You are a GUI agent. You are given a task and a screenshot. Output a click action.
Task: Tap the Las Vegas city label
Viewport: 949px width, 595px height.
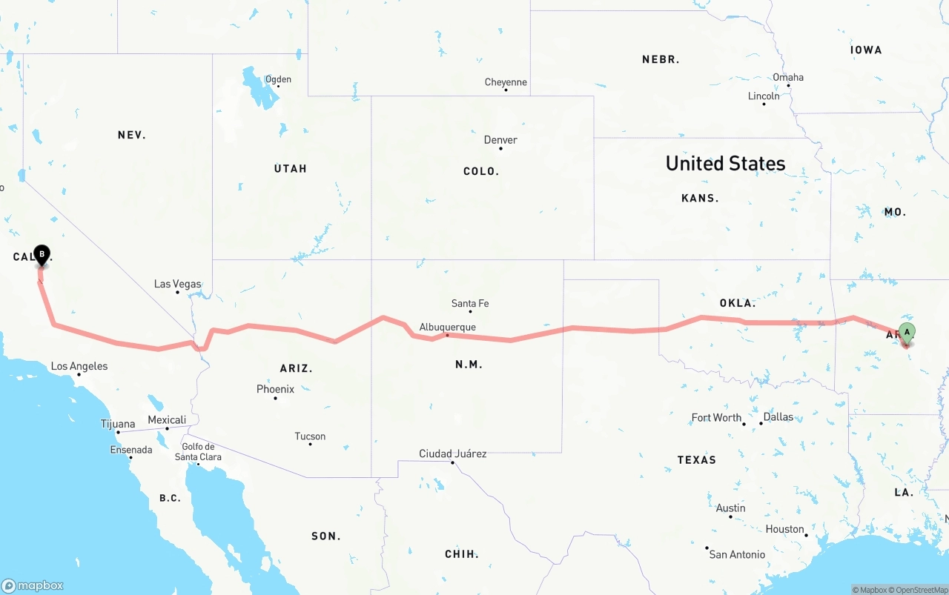point(177,284)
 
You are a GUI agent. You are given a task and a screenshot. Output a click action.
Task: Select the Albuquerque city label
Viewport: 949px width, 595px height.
point(447,327)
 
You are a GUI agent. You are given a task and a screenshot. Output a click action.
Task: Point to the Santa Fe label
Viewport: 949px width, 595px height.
point(470,303)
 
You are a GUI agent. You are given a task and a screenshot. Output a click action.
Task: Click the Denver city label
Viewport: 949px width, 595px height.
point(500,140)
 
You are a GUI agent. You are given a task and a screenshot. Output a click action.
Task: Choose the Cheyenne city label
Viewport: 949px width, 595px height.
point(506,82)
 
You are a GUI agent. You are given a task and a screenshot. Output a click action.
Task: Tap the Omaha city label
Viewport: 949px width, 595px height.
point(787,77)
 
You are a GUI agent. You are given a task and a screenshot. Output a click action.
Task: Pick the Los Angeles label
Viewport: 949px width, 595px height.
point(79,366)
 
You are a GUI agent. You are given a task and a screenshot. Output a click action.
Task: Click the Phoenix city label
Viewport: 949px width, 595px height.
point(275,389)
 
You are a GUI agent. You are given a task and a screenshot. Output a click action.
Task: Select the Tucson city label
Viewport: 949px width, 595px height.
point(310,436)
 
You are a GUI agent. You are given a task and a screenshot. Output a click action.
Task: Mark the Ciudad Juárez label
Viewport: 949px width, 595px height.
point(452,453)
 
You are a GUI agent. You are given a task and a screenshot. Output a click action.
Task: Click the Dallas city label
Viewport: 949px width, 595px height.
point(778,417)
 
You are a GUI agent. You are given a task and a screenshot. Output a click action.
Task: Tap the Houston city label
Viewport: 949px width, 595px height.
point(784,529)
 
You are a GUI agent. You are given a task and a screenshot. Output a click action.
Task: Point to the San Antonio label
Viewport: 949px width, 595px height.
point(737,554)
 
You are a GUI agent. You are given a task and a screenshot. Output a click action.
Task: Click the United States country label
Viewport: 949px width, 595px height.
point(725,163)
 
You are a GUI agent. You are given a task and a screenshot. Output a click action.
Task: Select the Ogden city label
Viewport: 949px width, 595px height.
point(278,79)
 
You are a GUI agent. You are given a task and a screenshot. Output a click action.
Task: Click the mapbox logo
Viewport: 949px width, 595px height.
point(33,585)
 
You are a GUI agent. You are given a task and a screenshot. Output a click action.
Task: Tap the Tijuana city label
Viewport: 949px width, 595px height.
point(118,425)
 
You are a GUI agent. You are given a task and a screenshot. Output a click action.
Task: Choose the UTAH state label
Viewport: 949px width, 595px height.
point(290,169)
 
